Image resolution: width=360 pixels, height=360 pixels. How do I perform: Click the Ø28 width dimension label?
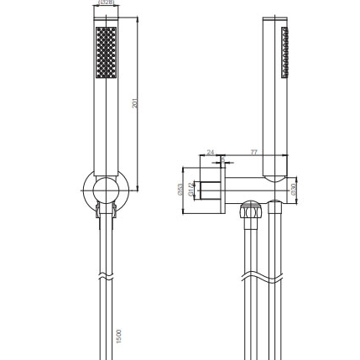107,3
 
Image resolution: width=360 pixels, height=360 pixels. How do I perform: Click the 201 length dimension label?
135,103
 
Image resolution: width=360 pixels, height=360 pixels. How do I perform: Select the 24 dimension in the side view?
210,153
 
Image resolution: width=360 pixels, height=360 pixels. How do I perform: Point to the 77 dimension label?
253,153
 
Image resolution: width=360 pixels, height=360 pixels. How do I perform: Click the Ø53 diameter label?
181,190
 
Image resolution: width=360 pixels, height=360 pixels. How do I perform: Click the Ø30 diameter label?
294,190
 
